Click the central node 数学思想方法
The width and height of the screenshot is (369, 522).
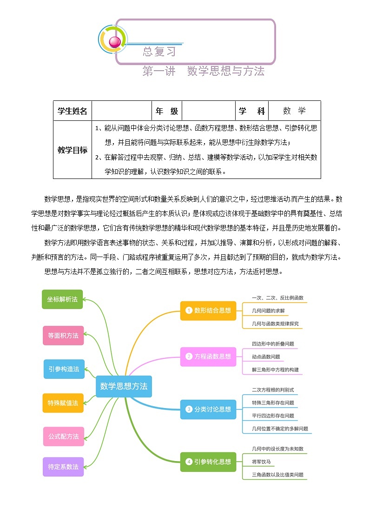point(124,386)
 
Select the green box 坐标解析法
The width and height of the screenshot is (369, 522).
point(62,299)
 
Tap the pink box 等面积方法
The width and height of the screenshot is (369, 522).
point(63,335)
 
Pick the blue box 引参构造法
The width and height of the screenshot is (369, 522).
point(64,369)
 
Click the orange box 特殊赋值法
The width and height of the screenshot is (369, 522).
point(63,403)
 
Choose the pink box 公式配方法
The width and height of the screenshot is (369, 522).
point(64,436)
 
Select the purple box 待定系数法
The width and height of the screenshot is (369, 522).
point(63,466)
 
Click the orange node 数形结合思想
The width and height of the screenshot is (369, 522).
point(208,310)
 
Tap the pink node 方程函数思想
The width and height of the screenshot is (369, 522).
point(208,357)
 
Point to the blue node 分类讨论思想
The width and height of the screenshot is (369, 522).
point(208,409)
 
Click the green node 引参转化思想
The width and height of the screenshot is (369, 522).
point(208,462)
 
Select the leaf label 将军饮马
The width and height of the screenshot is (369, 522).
point(261,462)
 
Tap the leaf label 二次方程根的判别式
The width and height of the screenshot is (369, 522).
point(273,390)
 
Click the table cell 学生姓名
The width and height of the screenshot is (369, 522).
point(72,111)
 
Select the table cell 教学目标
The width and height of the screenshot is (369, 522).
point(72,150)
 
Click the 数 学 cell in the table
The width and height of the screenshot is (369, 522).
point(295,111)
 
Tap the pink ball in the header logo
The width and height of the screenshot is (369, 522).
point(114,42)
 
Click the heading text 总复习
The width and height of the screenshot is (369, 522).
point(159,52)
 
